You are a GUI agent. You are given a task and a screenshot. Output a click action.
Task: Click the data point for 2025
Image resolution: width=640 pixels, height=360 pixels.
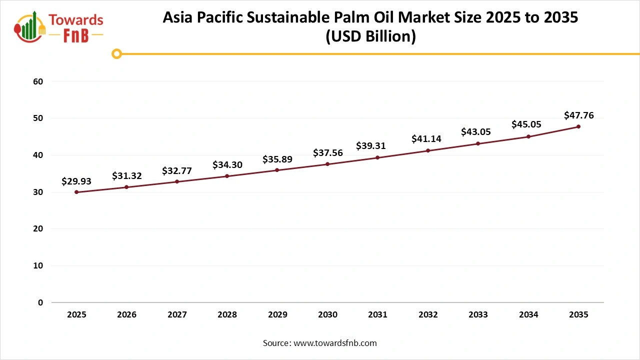[76, 192]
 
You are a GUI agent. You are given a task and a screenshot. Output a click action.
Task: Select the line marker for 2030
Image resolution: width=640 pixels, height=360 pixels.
[327, 164]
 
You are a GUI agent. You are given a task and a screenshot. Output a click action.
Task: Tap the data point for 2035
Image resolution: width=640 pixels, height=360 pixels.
[578, 126]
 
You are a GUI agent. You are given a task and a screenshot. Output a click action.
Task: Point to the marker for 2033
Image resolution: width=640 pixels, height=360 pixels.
[478, 143]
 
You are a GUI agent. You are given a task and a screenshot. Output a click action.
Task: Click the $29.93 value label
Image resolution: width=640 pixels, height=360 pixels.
[76, 181]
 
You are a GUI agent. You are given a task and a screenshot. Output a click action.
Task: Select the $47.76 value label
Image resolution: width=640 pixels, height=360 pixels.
[578, 115]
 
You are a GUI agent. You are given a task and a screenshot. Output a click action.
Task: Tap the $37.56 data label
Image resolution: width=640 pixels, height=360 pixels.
[327, 153]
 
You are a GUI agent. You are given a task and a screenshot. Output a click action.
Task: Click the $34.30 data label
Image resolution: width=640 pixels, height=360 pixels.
[227, 164]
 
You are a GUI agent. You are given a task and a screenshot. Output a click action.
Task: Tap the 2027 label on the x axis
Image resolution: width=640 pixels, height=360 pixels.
[177, 315]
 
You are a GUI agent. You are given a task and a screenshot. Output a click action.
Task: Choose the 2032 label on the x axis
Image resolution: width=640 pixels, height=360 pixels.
[428, 315]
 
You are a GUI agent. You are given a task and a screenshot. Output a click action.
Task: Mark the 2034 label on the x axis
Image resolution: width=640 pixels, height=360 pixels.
[528, 315]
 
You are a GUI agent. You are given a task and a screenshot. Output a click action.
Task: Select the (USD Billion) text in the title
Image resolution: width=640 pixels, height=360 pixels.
[370, 36]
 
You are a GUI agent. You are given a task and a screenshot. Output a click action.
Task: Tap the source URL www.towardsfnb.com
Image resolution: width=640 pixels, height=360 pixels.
[334, 343]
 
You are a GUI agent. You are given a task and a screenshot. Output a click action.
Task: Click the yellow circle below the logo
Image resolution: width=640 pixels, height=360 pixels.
[117, 54]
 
